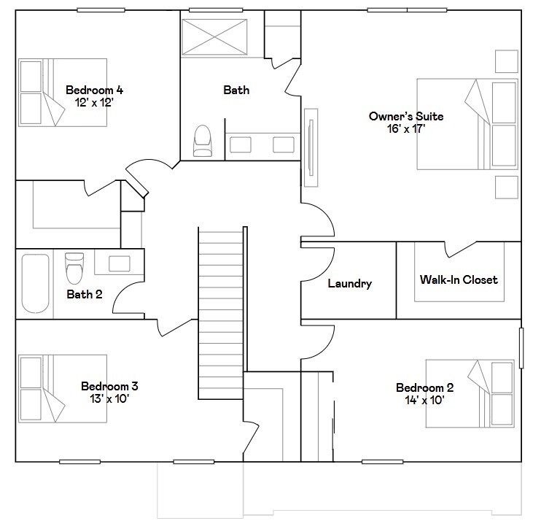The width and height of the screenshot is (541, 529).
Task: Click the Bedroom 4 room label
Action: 94,90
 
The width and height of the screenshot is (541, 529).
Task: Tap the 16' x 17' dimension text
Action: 405,129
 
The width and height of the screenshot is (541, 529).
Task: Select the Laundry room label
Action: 349,284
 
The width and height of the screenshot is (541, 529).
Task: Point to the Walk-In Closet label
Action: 459,279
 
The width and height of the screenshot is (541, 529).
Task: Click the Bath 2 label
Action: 85,295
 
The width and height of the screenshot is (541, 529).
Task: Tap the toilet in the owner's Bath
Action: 202,141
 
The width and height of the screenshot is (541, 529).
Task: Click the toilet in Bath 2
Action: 74,268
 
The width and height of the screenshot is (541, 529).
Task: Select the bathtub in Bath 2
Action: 34,283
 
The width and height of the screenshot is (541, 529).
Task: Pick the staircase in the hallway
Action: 219,314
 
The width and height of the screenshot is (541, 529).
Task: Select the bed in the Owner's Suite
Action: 467,124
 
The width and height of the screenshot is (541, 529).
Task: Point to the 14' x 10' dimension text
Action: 424,400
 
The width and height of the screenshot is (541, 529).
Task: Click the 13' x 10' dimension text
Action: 109,398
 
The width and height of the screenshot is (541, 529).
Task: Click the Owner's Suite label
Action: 405,117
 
